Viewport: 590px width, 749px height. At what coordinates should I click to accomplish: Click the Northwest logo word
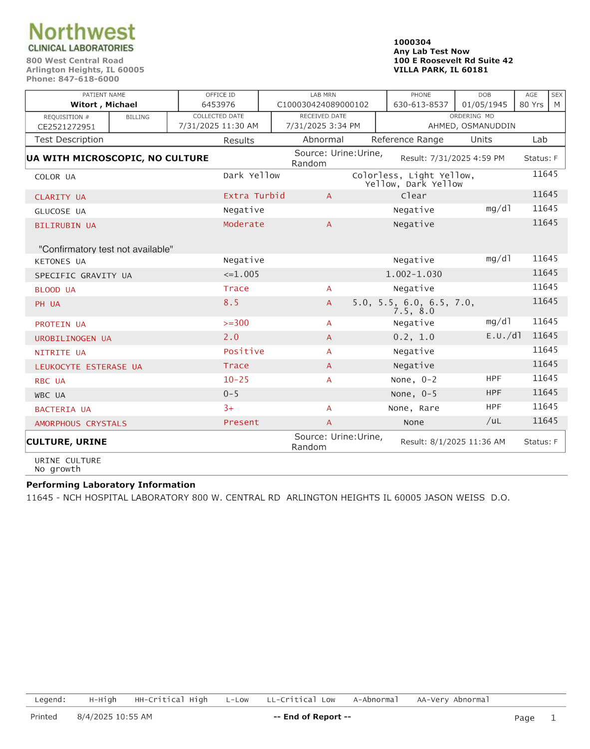82,32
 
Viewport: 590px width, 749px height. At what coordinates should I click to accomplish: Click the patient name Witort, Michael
104,105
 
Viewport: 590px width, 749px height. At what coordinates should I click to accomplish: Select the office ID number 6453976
218,105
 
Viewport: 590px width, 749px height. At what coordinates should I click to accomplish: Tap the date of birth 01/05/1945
484,105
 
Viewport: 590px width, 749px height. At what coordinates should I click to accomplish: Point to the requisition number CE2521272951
66,127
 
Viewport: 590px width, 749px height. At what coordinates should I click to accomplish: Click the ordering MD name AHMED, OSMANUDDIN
472,126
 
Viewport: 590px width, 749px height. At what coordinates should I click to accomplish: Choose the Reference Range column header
407,140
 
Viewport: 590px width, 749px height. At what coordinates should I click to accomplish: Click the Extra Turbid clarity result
254,196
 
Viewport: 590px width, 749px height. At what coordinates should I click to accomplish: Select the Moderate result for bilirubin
244,224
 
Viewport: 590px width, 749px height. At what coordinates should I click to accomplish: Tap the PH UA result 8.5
231,303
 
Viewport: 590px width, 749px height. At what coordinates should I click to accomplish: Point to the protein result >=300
236,323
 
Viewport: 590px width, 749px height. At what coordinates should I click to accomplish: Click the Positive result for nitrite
244,352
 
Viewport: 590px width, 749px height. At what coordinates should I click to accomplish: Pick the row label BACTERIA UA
63,409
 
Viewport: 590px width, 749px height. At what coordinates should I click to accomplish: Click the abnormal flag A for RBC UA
329,380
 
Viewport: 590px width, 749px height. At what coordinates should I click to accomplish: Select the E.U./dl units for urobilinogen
504,336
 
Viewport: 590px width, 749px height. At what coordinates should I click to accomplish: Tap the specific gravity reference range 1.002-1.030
414,274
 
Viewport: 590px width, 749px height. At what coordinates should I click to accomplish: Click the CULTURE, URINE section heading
66,442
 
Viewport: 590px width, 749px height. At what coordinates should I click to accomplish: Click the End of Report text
312,717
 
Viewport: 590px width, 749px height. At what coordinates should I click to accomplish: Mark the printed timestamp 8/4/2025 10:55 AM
115,717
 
